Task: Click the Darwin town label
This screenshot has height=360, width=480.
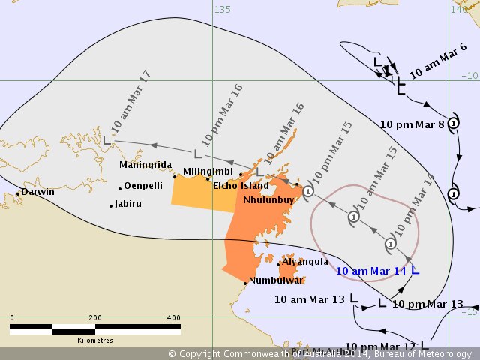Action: tap(37, 192)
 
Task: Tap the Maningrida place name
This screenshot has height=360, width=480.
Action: tap(145, 165)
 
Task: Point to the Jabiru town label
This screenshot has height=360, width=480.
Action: tap(127, 203)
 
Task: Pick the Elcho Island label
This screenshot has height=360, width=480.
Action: tap(241, 185)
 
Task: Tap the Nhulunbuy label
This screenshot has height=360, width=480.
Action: tap(268, 200)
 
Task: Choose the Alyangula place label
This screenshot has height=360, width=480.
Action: tap(304, 262)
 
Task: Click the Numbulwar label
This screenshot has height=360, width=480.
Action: tap(276, 280)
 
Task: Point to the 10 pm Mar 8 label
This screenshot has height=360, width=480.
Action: tap(412, 124)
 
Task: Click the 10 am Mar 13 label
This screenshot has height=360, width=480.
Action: tap(309, 298)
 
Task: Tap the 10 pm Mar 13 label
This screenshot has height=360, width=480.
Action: tap(427, 304)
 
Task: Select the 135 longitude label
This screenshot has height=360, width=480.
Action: tap(223, 10)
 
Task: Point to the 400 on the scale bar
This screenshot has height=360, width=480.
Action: tap(173, 318)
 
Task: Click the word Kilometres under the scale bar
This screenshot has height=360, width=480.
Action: tap(95, 340)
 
